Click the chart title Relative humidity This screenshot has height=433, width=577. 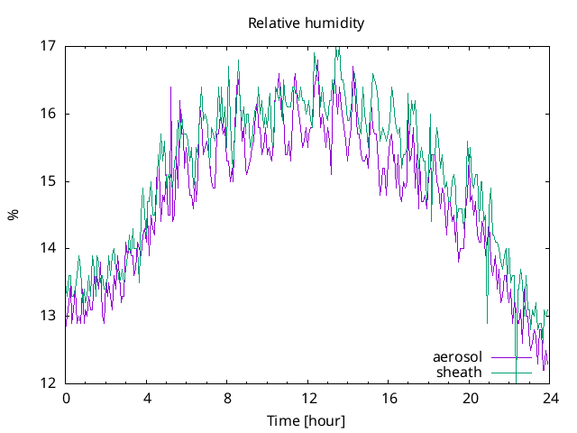point(307,23)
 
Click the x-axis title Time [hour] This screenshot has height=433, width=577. point(307,421)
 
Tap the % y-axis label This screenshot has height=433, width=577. point(13,215)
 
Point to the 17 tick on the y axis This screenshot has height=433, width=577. point(50,46)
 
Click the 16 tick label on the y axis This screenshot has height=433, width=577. point(50,114)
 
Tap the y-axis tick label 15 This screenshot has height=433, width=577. point(50,181)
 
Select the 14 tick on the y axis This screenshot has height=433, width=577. point(50,248)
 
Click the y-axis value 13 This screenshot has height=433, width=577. point(50,316)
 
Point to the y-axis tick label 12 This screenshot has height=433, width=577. point(50,383)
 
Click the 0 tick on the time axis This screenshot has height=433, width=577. point(66,398)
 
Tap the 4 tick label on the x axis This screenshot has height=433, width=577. point(146,398)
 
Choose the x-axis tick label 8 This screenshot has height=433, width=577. point(227,398)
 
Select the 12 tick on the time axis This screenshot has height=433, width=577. point(307,398)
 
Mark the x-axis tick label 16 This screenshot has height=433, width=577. point(389,398)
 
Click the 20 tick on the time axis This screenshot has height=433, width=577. point(469,398)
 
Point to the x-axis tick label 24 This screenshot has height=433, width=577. point(549,398)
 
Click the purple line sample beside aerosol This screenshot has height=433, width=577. point(511,357)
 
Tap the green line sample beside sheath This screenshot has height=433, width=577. point(511,372)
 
